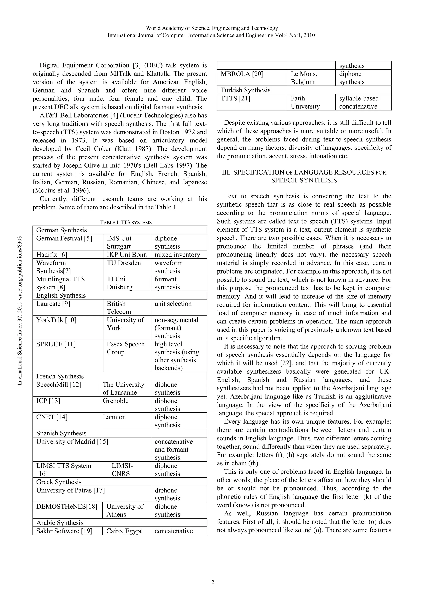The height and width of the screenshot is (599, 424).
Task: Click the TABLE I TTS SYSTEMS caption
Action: click(126, 222)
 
